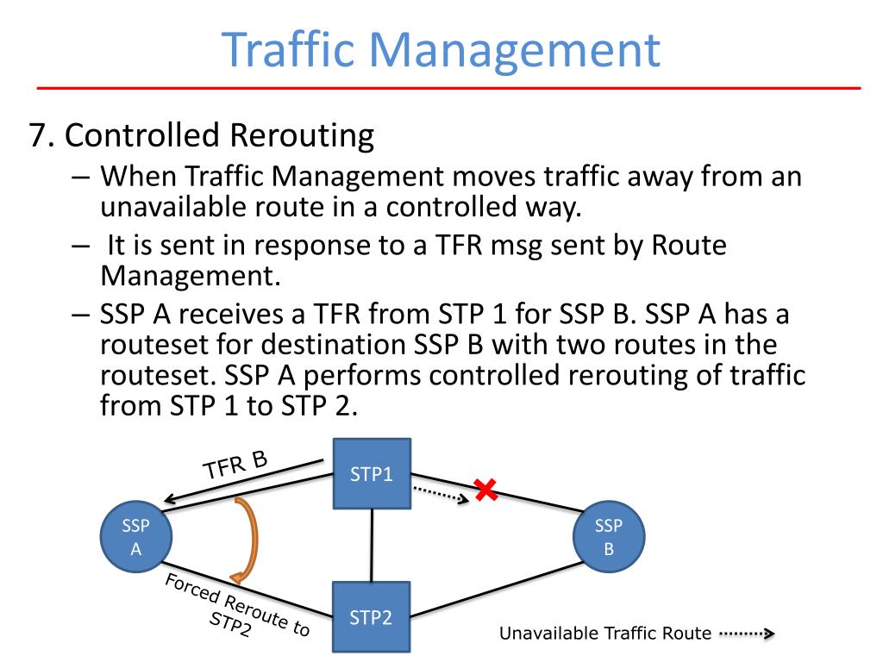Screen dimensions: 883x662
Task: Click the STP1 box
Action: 373,473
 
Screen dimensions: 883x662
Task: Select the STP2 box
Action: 372,617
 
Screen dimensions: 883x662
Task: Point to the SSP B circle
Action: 609,537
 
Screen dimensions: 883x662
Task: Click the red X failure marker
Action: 486,491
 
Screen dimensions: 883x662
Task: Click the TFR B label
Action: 235,465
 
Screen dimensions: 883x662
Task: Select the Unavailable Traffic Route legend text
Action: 605,634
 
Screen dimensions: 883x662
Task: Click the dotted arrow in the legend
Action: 747,635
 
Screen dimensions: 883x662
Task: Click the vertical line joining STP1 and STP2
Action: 372,545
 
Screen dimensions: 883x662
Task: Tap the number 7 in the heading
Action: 36,136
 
